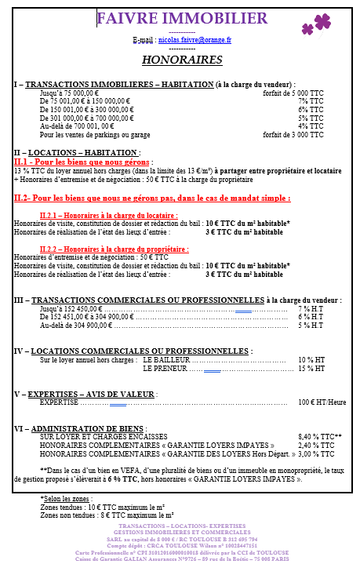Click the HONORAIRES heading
pos(181,60)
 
